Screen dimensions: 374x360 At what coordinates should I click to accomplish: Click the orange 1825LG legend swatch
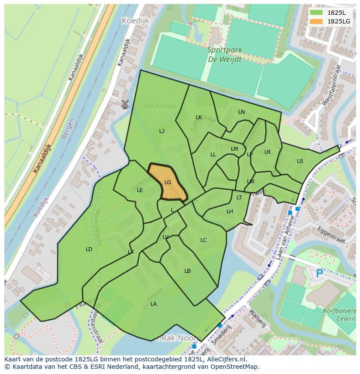point(316,21)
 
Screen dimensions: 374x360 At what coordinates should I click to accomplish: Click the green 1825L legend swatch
point(316,13)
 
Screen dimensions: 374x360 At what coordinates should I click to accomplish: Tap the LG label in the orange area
point(168,182)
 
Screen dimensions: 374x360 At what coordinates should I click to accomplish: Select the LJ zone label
point(162,131)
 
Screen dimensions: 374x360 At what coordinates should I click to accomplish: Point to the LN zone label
point(241,112)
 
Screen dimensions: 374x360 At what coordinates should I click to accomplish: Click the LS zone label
point(300,161)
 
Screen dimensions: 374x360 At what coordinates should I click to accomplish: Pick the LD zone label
point(89,249)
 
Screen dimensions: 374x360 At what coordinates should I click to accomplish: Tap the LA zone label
point(153,304)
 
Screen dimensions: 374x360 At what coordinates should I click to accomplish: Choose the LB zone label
point(187,271)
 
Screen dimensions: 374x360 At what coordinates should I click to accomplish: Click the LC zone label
point(203,240)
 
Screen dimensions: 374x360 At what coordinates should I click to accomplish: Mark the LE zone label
point(140,190)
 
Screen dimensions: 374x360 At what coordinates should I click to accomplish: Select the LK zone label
point(199,117)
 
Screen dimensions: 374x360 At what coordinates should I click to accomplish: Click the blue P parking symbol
point(320,273)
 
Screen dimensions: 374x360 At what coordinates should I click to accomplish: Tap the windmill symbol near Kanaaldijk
point(125,104)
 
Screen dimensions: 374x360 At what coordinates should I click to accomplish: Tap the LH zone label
point(230,211)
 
